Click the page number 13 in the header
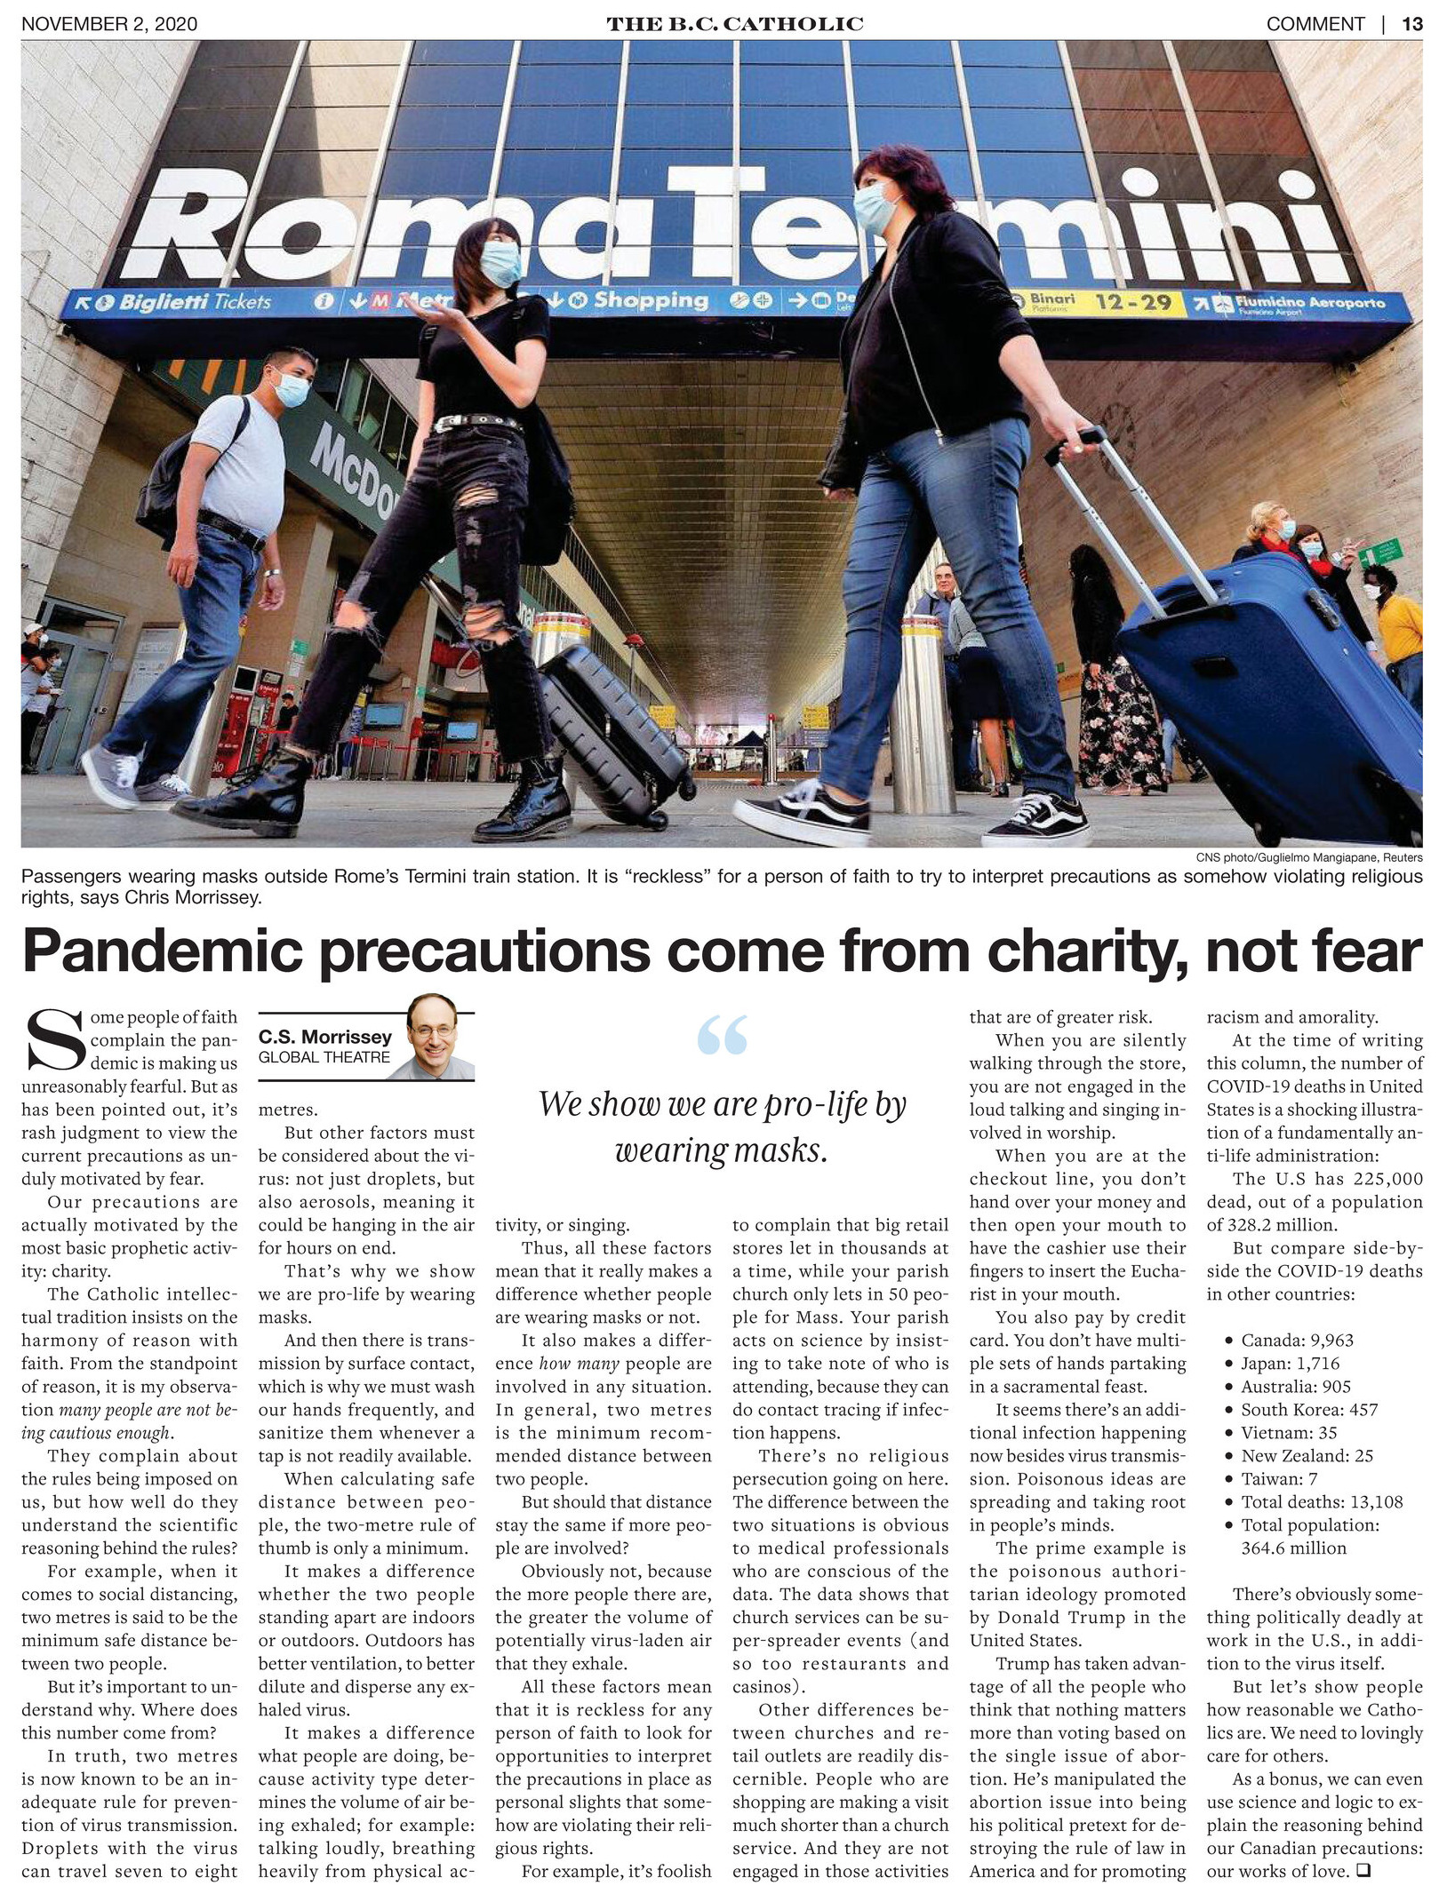click(1411, 24)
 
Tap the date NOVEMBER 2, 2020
click(109, 24)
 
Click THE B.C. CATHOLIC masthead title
click(734, 24)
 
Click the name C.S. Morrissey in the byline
click(325, 1036)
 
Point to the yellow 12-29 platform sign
click(1132, 303)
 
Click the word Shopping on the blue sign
click(651, 300)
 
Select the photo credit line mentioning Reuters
click(1308, 857)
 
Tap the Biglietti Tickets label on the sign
click(195, 302)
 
